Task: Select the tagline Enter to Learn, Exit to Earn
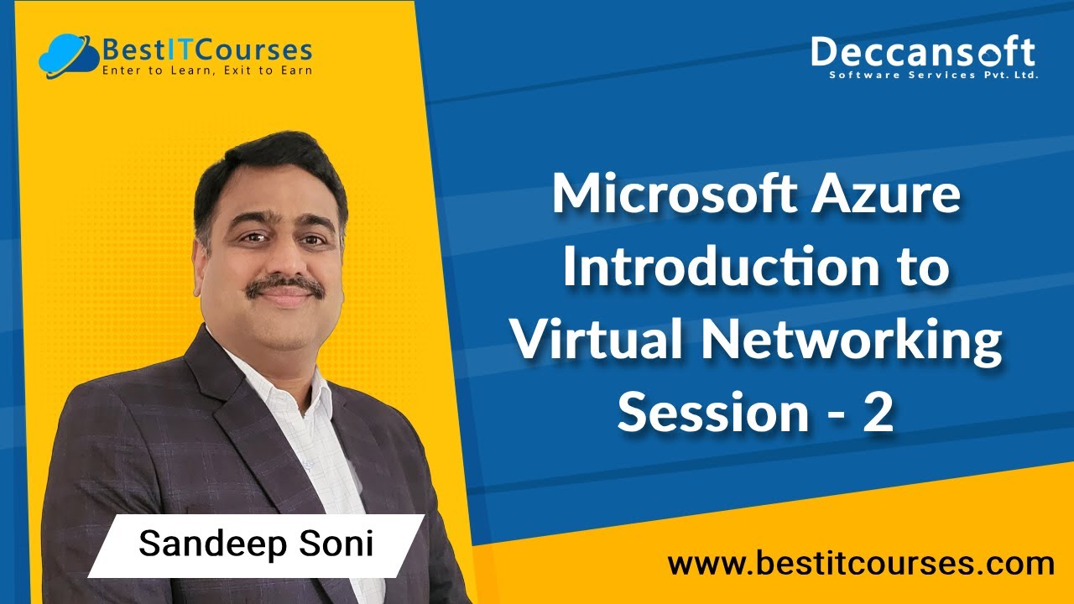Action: (206, 70)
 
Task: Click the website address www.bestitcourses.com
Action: (861, 563)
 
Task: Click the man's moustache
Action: (285, 285)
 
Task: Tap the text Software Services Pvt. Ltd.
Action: (933, 75)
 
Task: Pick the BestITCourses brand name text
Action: (206, 50)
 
